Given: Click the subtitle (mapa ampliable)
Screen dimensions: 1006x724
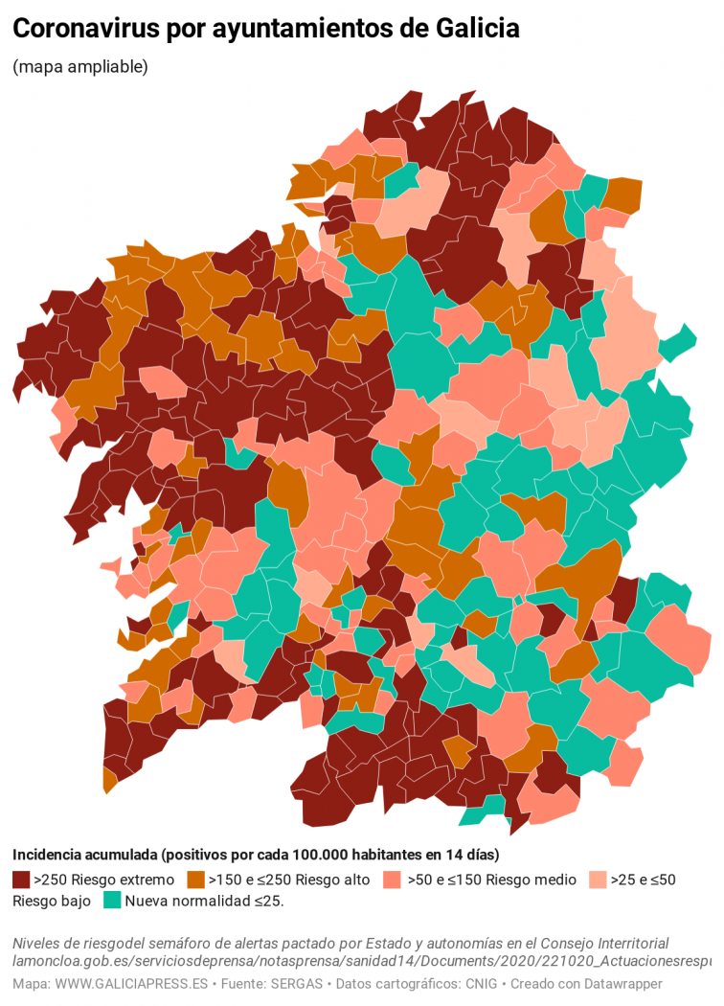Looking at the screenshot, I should pos(80,67).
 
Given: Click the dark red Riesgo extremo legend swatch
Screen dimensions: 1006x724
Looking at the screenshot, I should pos(21,879).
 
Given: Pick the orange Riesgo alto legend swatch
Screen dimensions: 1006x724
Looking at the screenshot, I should pos(197,879).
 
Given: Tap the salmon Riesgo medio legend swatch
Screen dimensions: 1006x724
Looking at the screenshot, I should pos(392,879).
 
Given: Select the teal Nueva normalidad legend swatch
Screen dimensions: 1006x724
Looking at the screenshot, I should pos(112,901).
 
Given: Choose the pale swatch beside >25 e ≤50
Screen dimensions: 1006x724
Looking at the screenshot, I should pos(598,879).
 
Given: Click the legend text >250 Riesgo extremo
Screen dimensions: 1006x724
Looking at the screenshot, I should pos(104,879).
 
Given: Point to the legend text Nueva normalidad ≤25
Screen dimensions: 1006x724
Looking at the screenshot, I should pos(204,901).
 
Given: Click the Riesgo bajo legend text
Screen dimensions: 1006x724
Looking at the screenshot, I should pos(52,901).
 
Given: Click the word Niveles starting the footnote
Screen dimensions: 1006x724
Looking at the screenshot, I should pos(37,943).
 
